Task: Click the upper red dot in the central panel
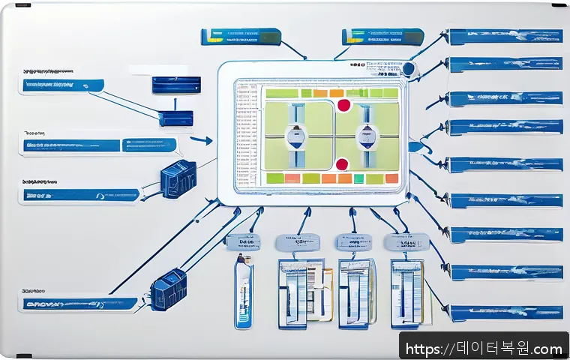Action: pos(344,105)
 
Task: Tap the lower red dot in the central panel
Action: pos(342,163)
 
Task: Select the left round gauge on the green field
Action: pos(295,137)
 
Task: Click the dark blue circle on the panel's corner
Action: pos(409,68)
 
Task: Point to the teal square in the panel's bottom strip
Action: pos(358,178)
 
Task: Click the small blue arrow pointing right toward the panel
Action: pos(200,139)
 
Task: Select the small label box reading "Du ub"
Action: pos(243,241)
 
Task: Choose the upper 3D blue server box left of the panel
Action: pos(178,181)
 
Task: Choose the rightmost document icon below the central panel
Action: pos(407,292)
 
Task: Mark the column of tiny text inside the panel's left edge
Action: pos(246,135)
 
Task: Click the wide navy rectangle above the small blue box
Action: pos(176,85)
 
